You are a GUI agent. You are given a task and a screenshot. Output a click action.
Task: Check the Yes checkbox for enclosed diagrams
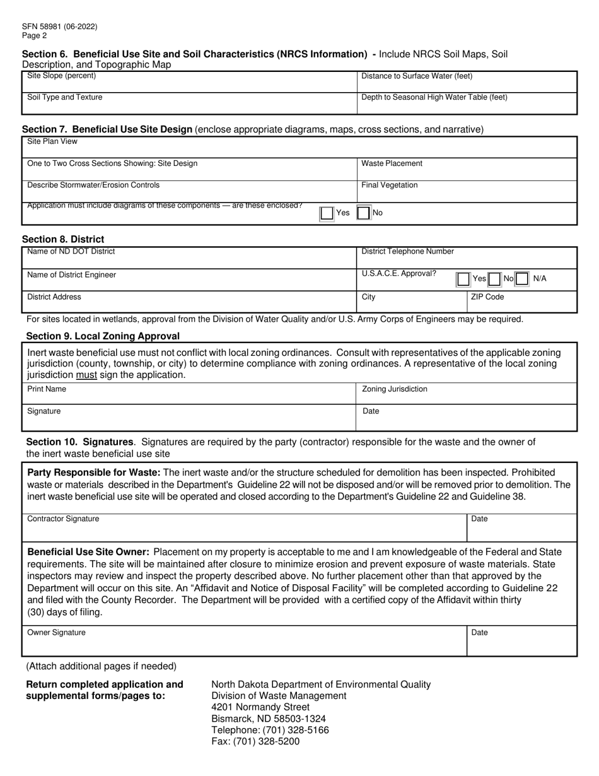[x=327, y=213]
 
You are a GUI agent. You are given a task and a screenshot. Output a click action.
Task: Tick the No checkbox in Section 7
[x=364, y=213]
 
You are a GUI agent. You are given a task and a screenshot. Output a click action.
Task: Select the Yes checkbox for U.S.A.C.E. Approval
[x=463, y=278]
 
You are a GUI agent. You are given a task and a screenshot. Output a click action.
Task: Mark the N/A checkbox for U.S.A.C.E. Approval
[x=522, y=278]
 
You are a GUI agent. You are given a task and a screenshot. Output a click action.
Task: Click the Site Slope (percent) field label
[x=62, y=76]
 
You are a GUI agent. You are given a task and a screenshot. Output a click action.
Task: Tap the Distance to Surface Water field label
[x=417, y=76]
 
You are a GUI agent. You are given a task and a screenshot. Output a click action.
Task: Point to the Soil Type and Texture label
[x=65, y=97]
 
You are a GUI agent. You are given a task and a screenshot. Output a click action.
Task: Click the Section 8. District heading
[x=63, y=239]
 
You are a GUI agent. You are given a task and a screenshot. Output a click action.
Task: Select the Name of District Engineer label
[x=72, y=274]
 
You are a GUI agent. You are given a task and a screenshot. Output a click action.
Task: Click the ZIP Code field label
[x=487, y=297]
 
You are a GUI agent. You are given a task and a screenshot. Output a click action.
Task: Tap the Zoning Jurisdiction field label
[x=395, y=389]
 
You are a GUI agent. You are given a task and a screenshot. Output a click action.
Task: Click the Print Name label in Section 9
[x=47, y=389]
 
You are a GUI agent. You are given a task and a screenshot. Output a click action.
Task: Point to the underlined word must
[x=86, y=375]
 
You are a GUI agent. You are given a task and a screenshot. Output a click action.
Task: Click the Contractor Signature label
[x=63, y=519]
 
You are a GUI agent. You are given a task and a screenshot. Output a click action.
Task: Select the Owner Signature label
[x=57, y=632]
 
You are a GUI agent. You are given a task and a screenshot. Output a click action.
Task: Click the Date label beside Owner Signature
[x=480, y=632]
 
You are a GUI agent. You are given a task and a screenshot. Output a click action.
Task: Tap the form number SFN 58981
[x=60, y=27]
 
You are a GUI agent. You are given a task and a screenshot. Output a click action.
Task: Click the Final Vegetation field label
[x=389, y=185]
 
